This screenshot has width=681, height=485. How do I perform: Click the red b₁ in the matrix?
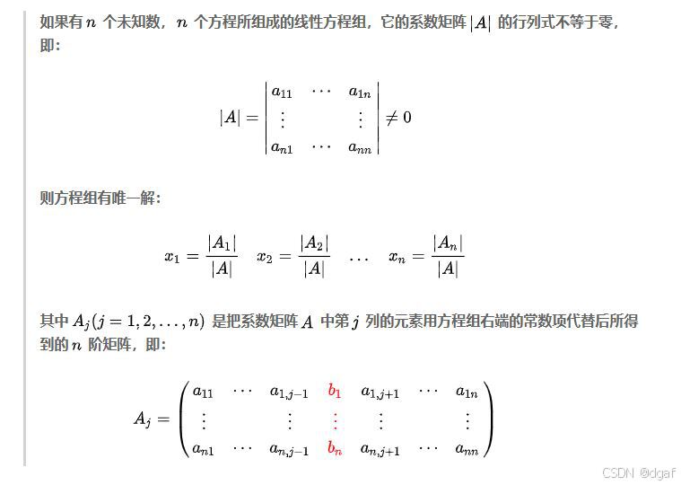335,391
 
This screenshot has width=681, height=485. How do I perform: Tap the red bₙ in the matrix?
335,448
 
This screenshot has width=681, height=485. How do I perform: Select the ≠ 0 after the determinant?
397,117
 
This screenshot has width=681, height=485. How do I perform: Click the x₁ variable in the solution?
172,256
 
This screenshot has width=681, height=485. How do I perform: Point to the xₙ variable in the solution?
397,256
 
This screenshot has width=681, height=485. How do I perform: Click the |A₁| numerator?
222,242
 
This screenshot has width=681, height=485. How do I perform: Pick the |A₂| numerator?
314,242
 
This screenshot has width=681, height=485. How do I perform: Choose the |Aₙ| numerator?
448,242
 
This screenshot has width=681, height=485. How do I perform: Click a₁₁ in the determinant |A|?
281,92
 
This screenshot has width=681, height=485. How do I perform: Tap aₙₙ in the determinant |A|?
360,147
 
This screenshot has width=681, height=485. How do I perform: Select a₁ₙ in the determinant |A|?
360,92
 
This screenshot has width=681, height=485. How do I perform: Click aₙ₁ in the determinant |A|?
281,147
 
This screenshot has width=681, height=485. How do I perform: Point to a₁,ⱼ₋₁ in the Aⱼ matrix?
288,392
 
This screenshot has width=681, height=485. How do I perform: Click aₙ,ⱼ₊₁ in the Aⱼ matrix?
380,449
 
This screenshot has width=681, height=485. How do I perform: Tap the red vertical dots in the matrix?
335,419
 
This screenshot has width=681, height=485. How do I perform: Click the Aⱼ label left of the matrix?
144,419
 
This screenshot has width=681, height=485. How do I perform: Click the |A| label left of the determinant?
230,117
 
